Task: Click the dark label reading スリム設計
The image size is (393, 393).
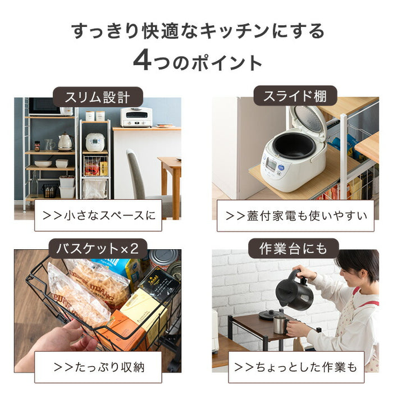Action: (98, 97)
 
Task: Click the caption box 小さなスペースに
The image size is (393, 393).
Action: (98, 215)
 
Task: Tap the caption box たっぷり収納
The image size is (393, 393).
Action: (98, 368)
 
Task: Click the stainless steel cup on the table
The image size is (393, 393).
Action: (280, 324)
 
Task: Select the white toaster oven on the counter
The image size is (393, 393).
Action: (136, 117)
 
